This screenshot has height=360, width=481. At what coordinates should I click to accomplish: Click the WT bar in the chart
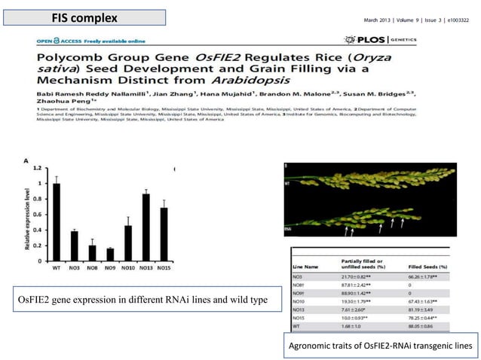click(x=55, y=222)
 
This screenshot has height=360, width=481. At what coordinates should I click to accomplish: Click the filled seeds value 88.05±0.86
click(x=416, y=326)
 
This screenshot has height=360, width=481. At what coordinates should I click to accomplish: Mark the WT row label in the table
click(x=298, y=326)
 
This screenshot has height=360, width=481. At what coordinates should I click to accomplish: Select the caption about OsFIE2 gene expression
click(x=138, y=301)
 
